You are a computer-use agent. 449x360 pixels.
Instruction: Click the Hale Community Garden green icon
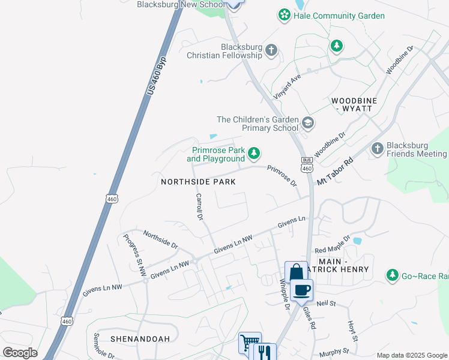[284, 15]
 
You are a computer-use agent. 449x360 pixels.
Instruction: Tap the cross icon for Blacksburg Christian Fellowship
[271, 50]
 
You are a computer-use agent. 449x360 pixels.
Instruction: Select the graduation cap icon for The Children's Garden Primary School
[308, 123]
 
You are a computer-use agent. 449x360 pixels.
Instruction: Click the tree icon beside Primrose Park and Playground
[254, 154]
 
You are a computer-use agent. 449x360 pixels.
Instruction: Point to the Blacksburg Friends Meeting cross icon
[377, 148]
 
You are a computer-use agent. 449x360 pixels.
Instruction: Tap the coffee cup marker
[301, 290]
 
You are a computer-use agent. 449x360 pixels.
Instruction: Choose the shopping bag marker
[295, 272]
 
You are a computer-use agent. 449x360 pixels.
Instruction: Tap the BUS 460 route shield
[307, 164]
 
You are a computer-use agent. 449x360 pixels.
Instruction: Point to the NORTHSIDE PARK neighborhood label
[197, 181]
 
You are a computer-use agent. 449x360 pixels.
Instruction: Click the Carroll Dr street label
[200, 206]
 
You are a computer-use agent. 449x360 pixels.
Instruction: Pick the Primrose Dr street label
[282, 175]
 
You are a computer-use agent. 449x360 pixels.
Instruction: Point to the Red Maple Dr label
[331, 245]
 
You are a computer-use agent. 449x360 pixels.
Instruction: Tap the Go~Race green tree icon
[393, 275]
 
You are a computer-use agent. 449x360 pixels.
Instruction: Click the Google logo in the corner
[20, 352]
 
